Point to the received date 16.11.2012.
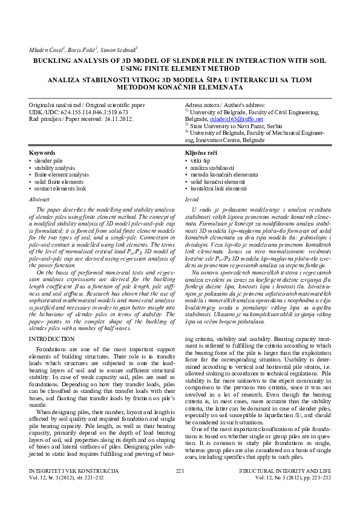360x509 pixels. [x=115, y=119]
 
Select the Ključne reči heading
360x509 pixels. [x=201, y=154]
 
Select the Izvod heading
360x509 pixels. [x=191, y=198]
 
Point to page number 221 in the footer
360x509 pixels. [x=180, y=485]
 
